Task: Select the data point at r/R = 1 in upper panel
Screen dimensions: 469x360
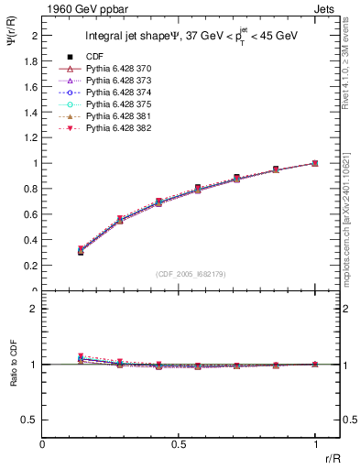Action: (x=315, y=163)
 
